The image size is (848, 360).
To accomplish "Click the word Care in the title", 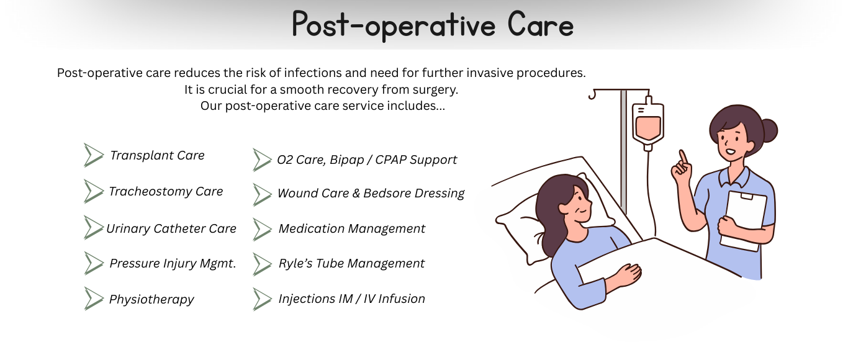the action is (x=541, y=25).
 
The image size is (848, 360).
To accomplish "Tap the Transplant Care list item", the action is (x=157, y=155).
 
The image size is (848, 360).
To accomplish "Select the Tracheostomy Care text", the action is (x=166, y=192).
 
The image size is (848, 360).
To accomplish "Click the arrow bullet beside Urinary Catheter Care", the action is (x=93, y=228).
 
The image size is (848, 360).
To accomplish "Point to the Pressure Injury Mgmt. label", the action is (x=173, y=263).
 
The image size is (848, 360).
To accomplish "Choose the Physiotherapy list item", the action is (x=151, y=299).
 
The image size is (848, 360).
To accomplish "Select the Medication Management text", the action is (x=352, y=228).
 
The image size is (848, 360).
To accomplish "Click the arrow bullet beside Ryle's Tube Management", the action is (x=262, y=264).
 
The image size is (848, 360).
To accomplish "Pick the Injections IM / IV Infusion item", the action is (x=352, y=299).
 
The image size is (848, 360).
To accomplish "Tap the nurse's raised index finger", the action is (x=683, y=157).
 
